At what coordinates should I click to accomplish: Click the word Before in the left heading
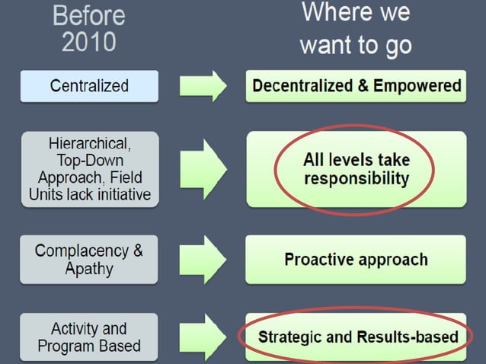pos(88,14)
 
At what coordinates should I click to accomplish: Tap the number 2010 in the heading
pos(88,41)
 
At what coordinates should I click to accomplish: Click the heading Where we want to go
pos(356,28)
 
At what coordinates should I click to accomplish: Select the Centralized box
pos(89,86)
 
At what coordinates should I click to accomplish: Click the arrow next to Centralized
pos(203,86)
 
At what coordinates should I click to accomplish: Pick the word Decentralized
pos(300,86)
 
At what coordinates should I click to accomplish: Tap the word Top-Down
pos(89,161)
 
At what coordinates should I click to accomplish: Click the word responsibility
pos(356,180)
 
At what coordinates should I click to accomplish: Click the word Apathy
pos(89,268)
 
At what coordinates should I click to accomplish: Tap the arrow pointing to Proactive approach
pos(203,260)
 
